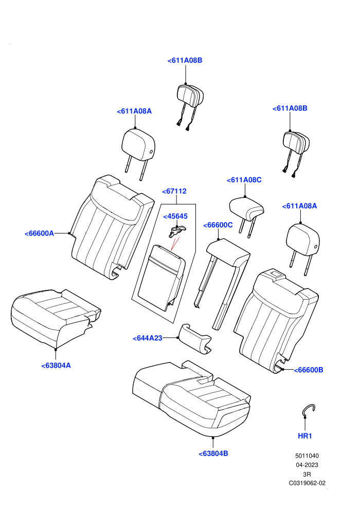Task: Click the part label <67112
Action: point(174,191)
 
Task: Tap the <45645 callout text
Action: point(175,216)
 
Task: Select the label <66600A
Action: point(39,233)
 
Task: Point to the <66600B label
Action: point(309,370)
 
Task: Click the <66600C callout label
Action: point(218,225)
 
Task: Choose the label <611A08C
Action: point(244,180)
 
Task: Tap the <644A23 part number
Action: point(148,338)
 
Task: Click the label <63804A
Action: point(56,365)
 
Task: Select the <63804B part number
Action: point(213,453)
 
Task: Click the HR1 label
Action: point(305,435)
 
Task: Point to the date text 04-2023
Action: point(307,465)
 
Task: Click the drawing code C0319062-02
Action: point(307,483)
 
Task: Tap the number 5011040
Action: point(307,456)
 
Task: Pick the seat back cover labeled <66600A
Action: point(111,227)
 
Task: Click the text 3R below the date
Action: point(307,474)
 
